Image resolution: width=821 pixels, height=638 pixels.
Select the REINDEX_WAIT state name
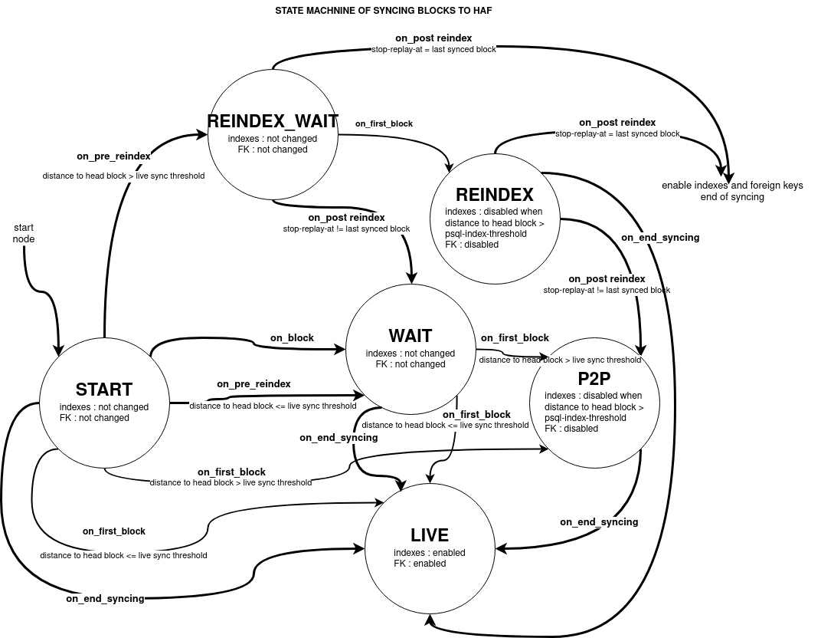[273, 122]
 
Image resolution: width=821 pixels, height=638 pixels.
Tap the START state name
[104, 390]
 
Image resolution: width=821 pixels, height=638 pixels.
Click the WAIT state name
[410, 336]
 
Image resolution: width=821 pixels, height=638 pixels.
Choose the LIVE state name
[430, 535]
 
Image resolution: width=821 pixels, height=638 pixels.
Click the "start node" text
[25, 233]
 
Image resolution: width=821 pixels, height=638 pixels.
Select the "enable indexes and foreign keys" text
[732, 186]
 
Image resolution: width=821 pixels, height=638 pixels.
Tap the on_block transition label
[292, 337]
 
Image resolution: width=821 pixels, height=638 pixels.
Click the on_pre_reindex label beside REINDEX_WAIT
[113, 156]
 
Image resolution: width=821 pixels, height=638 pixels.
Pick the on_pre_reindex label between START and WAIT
[253, 383]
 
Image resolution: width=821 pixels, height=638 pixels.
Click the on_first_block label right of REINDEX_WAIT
[384, 123]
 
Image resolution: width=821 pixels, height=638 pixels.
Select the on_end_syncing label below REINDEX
[660, 238]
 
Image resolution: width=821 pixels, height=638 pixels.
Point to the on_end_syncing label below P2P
[599, 522]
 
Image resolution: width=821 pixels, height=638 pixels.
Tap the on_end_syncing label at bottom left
[105, 598]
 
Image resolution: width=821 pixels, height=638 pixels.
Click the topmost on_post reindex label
[433, 38]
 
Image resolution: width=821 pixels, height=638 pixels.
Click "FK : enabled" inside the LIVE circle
[420, 564]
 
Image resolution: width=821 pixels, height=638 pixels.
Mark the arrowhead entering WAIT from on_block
[341, 350]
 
